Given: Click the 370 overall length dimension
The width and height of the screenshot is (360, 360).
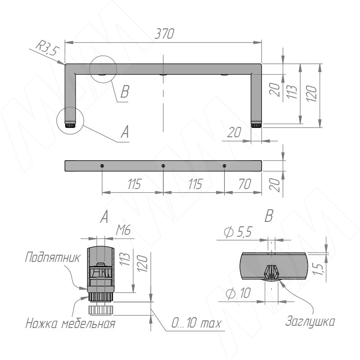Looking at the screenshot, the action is (165, 34).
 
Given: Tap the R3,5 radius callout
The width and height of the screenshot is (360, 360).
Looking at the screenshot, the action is (48, 49).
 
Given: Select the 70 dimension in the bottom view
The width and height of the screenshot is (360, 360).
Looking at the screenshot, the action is (245, 184).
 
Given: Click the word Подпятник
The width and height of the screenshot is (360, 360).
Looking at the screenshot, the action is (53, 257).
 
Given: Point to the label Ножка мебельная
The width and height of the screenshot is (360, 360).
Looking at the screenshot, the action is (70, 324).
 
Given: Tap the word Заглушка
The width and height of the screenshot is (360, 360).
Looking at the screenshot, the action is (310, 321).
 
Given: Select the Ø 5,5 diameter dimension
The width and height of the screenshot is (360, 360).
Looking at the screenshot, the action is (238, 232).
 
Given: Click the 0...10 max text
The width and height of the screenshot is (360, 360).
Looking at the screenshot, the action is (196, 323).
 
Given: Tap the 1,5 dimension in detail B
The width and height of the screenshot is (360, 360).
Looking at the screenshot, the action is (319, 269).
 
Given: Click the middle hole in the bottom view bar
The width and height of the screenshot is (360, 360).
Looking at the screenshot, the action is (163, 166).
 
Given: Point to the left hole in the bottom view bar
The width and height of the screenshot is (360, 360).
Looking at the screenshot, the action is (102, 166).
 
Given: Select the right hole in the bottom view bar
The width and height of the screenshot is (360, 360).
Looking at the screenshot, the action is (225, 166).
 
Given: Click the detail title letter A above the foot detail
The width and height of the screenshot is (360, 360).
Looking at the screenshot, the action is (104, 217).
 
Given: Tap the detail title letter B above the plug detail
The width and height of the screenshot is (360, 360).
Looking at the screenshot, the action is (269, 216).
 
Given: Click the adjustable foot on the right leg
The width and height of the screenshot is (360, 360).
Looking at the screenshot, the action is (256, 126).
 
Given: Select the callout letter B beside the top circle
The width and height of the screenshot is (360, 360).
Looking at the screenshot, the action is (125, 92).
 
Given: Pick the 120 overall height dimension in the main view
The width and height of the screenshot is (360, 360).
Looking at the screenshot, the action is (311, 94).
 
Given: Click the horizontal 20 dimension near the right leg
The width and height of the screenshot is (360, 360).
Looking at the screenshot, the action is (234, 132).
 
